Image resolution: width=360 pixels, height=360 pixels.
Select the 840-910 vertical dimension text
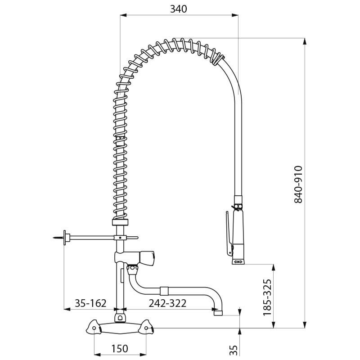(x=299, y=184)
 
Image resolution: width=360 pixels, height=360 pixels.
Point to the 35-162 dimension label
(x=90, y=303)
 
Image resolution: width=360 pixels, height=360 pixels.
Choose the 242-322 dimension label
(x=167, y=303)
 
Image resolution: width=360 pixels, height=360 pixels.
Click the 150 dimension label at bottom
(x=119, y=348)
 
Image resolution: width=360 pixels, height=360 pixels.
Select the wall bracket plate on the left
(x=66, y=237)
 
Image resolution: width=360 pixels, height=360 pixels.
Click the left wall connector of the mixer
(x=94, y=328)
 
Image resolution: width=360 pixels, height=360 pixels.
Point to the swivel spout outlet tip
(x=218, y=311)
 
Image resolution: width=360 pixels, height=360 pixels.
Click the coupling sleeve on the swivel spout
(x=164, y=291)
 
